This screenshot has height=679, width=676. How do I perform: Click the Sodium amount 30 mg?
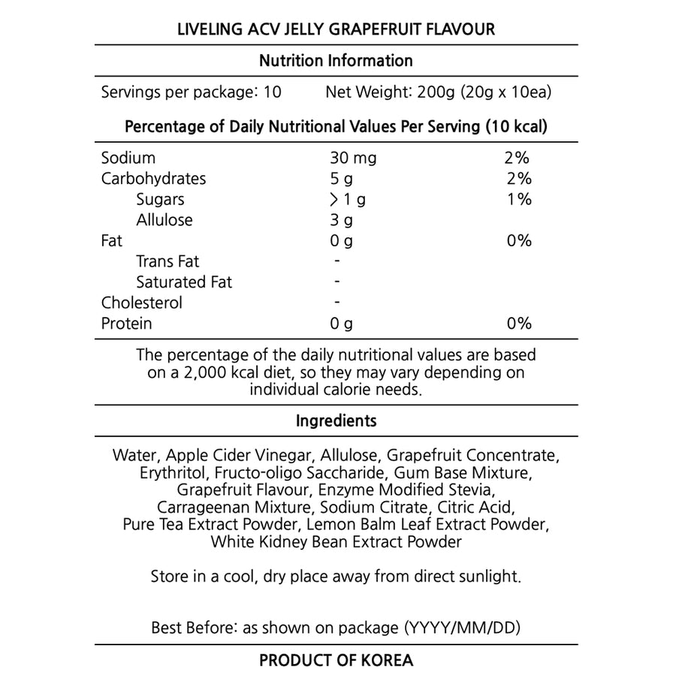(x=352, y=158)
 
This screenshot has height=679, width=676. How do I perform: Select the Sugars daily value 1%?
(x=518, y=200)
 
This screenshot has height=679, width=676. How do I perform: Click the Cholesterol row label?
(x=141, y=303)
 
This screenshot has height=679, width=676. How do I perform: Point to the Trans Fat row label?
(x=167, y=262)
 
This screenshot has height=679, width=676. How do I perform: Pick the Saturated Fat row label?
(x=184, y=282)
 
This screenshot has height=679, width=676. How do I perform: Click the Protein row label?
(x=126, y=324)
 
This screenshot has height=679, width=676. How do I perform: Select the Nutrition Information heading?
(x=336, y=61)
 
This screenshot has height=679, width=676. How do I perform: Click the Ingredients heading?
(x=336, y=421)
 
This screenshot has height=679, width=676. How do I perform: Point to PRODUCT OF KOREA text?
(x=336, y=661)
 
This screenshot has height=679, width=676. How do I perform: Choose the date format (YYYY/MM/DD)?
(x=462, y=627)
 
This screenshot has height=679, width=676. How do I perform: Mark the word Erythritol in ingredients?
(x=174, y=473)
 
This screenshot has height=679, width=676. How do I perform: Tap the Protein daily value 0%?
(x=518, y=324)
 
